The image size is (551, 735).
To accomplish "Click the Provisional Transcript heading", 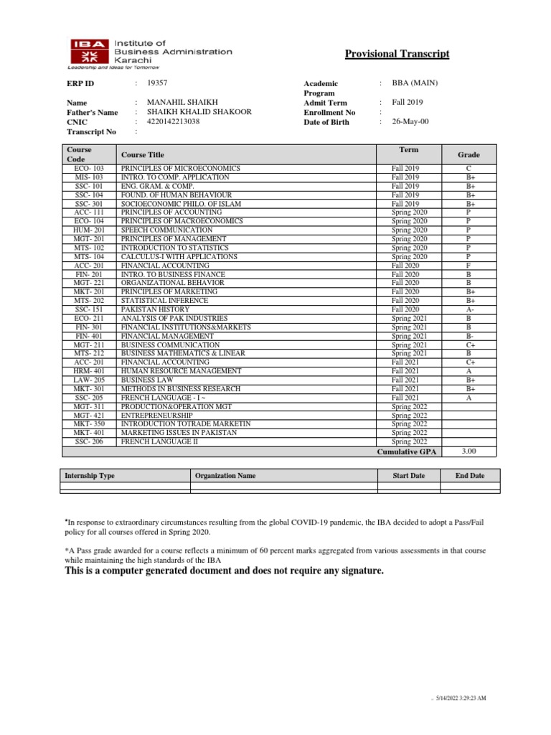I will (x=397, y=55).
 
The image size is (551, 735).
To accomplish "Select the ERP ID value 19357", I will (x=157, y=83).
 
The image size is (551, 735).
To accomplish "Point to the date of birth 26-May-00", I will (x=410, y=122).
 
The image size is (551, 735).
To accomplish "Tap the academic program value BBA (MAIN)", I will (x=414, y=83).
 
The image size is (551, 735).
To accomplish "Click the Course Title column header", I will (x=142, y=154).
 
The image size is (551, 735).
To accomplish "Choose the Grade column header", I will (x=468, y=154).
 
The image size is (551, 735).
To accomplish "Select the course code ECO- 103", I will (x=89, y=168).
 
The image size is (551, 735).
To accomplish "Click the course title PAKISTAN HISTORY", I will (x=154, y=309).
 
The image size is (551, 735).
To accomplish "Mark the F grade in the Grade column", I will (x=468, y=265).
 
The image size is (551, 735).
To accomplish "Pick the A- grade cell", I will (x=468, y=309).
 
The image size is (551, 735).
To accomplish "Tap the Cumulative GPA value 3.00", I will (x=468, y=451).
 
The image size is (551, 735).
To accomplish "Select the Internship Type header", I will (x=90, y=476).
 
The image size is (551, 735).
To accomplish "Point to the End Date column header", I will (x=470, y=476).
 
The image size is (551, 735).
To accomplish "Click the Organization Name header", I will (x=225, y=476).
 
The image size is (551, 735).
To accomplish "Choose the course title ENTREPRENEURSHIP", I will (x=156, y=416).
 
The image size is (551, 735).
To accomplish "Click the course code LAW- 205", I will (x=89, y=380).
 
